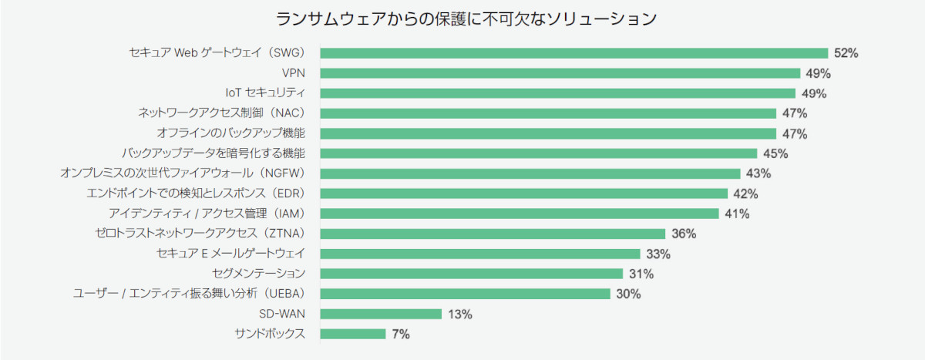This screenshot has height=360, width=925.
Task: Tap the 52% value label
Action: click(x=846, y=53)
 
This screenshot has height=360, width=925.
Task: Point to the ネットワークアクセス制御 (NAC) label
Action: click(x=222, y=113)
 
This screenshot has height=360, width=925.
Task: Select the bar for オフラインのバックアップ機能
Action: click(x=548, y=133)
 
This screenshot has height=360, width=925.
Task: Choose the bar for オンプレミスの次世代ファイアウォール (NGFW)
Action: click(x=530, y=173)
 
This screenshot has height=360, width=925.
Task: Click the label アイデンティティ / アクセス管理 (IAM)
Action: click(x=207, y=214)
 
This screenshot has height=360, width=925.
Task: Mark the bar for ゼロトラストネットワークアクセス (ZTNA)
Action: click(x=493, y=234)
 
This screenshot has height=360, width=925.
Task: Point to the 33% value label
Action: click(x=658, y=254)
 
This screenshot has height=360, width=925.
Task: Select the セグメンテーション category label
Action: click(x=258, y=274)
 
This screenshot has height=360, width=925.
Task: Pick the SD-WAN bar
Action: click(x=381, y=314)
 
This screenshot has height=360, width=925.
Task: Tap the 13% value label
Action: click(x=459, y=314)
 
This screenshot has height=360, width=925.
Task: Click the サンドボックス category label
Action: click(x=270, y=334)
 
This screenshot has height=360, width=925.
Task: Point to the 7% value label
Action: click(x=400, y=334)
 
